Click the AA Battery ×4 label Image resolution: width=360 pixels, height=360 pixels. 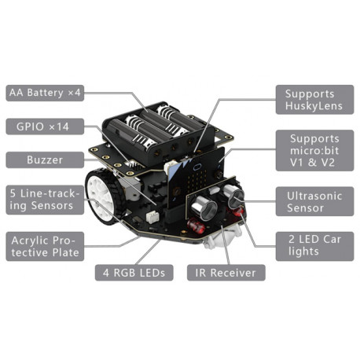click(x=45, y=93)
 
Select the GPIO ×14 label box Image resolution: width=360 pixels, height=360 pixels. click(x=45, y=127)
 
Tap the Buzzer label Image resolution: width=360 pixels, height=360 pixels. click(x=45, y=160)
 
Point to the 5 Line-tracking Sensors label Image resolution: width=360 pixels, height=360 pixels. click(x=45, y=200)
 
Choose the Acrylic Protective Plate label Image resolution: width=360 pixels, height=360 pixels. click(x=45, y=246)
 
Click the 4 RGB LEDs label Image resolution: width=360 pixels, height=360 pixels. click(x=134, y=273)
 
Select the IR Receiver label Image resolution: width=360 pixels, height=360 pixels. click(x=226, y=273)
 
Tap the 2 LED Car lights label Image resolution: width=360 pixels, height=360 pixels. click(x=314, y=246)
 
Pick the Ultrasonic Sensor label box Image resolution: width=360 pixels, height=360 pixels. click(x=314, y=201)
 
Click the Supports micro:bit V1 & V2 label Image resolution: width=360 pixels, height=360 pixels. click(x=314, y=151)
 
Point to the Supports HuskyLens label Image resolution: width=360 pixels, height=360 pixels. click(x=314, y=100)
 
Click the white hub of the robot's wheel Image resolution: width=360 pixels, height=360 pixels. click(x=100, y=195)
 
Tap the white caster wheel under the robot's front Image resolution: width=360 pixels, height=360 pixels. click(x=222, y=237)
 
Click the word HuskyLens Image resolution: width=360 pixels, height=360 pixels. click(x=314, y=106)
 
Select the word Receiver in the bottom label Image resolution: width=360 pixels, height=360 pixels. click(x=233, y=273)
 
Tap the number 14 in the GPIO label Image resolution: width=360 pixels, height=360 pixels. click(x=63, y=127)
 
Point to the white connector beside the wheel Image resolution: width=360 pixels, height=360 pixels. click(x=152, y=217)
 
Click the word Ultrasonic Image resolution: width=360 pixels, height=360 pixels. click(x=314, y=196)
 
